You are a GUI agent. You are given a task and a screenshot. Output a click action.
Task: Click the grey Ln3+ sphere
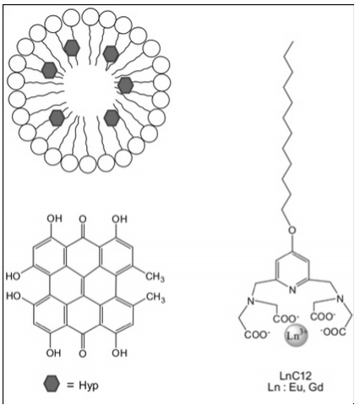(296, 336)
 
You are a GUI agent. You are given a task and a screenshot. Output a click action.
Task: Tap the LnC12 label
(295, 375)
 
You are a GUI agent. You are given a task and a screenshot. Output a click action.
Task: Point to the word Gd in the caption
(315, 386)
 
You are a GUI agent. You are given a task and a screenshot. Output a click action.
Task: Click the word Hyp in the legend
(89, 386)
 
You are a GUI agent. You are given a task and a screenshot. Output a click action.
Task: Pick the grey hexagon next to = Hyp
(52, 384)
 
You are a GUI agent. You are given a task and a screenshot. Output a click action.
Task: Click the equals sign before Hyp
(70, 385)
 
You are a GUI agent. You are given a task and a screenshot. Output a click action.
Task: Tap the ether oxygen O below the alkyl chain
(292, 231)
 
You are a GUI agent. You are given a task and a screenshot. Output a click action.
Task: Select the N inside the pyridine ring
(292, 289)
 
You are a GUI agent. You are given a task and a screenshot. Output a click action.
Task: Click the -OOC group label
(333, 331)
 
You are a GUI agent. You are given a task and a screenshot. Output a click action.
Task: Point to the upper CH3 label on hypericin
(155, 276)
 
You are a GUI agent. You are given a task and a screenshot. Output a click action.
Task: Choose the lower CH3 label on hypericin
(155, 298)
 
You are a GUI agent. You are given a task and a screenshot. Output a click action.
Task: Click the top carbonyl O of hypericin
(83, 219)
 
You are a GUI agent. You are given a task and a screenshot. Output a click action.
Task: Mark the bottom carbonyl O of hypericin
(83, 353)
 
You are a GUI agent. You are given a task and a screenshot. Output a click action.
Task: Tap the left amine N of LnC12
(250, 301)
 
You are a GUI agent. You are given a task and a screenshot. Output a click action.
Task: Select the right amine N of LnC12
(340, 298)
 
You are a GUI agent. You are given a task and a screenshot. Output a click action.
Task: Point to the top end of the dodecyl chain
(293, 42)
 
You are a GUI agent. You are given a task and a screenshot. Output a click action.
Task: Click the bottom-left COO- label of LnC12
(256, 335)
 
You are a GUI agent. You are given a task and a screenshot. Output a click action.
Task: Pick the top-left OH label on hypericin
(54, 218)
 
